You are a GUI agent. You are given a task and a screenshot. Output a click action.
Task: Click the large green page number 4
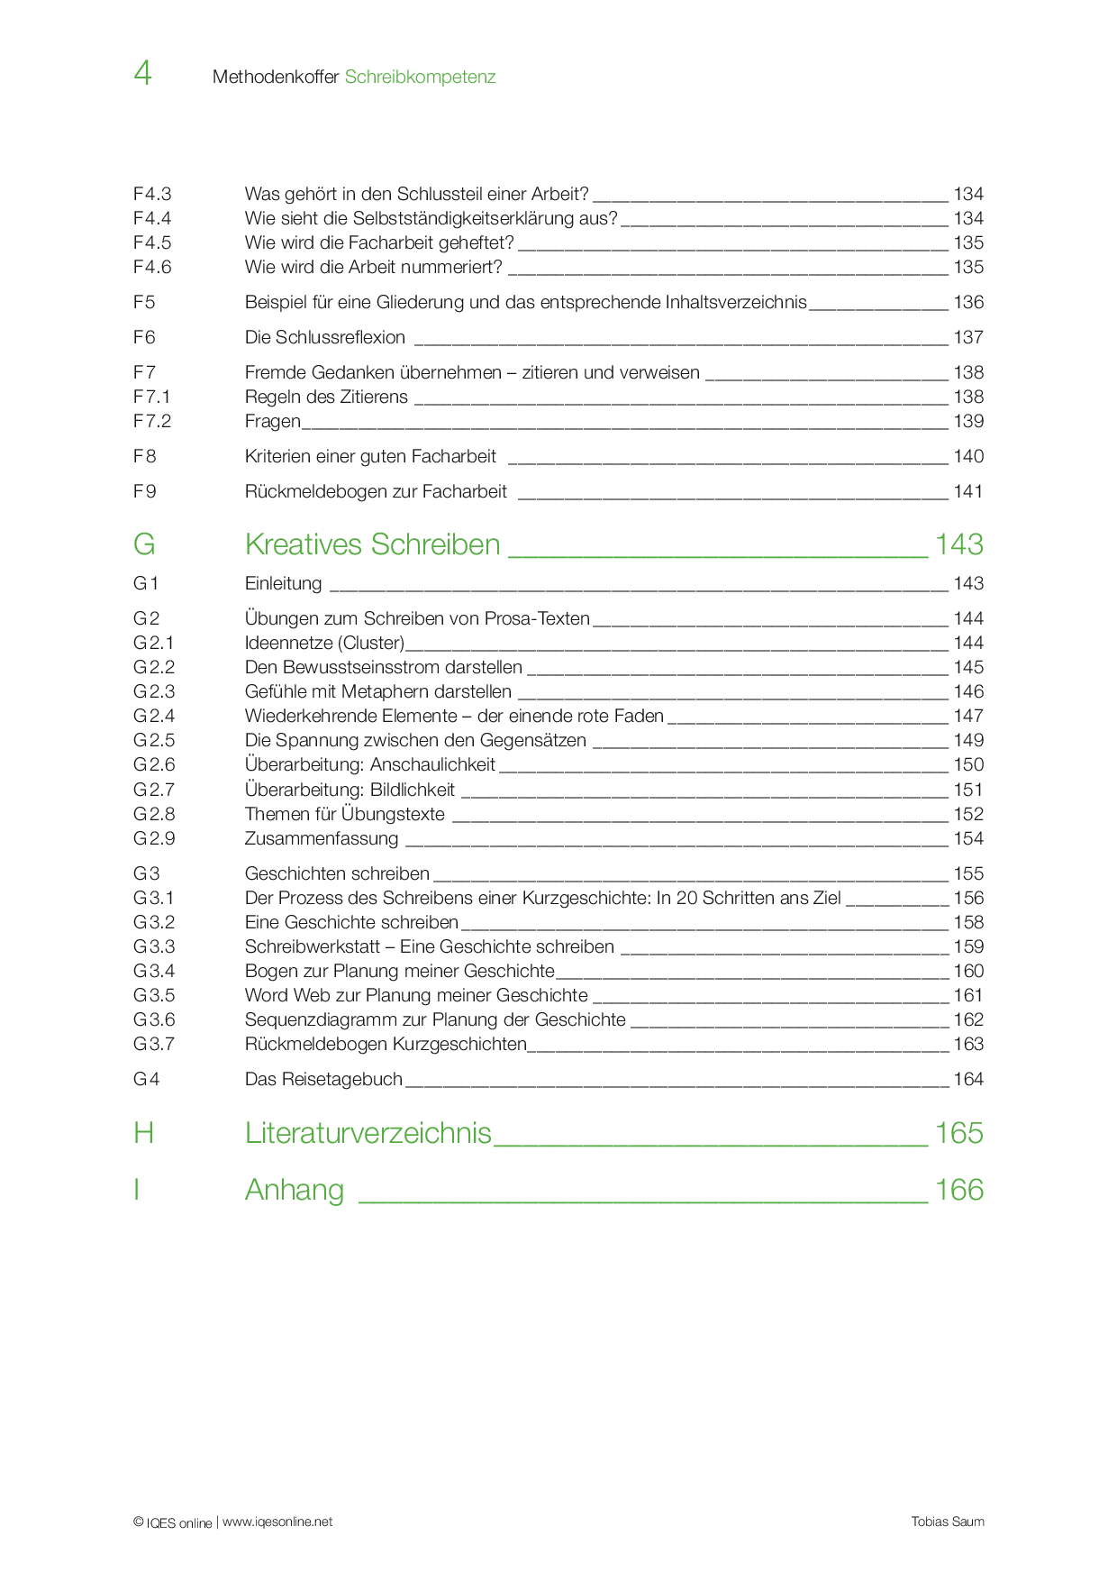point(142,73)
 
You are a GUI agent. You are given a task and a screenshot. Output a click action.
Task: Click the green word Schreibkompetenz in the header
point(420,77)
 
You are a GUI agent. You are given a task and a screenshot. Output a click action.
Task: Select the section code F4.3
point(152,194)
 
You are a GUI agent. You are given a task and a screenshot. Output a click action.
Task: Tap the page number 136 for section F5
point(968,302)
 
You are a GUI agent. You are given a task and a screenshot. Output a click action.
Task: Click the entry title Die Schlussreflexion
point(325,337)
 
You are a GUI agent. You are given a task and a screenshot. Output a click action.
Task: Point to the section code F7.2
point(152,421)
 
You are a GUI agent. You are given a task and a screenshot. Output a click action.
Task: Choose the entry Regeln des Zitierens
point(326,397)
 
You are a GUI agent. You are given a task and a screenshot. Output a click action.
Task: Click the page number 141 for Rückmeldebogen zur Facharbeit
point(968,491)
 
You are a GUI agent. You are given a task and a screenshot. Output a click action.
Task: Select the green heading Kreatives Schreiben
point(372,544)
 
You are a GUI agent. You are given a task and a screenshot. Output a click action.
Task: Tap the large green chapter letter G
point(144,544)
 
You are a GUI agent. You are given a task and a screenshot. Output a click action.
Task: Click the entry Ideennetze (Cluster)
point(324,643)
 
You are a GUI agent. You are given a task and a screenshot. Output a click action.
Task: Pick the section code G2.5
point(154,740)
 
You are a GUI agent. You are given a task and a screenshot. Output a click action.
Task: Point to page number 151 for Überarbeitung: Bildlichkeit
point(968,790)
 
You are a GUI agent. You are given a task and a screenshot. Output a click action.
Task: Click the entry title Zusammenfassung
point(322,838)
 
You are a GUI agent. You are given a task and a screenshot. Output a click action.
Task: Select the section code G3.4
point(154,971)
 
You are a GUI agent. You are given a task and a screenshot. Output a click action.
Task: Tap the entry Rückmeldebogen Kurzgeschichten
point(386,1044)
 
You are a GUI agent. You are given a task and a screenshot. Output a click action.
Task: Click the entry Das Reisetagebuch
point(323,1079)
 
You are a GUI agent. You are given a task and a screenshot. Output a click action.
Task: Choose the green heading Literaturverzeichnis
point(368,1133)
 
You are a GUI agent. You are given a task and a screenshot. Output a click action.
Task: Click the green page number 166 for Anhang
point(958,1190)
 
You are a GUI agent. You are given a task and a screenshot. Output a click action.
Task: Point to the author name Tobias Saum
point(948,1522)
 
